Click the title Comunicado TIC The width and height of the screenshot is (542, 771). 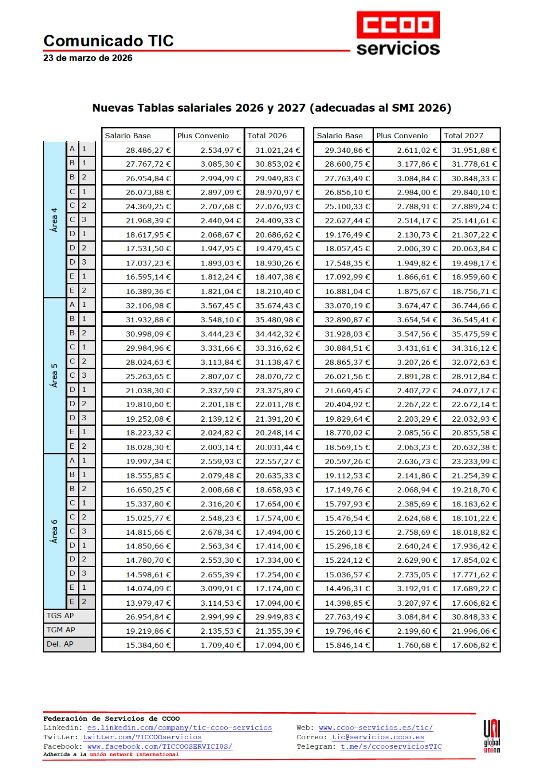[x=108, y=41]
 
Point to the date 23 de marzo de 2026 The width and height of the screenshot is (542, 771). [x=88, y=58]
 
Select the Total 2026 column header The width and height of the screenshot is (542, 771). [x=267, y=135]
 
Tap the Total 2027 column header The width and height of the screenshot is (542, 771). [x=463, y=135]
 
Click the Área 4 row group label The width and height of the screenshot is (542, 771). [x=54, y=219]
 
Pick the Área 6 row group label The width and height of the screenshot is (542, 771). [x=54, y=531]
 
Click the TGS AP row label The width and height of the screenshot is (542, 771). [x=60, y=616]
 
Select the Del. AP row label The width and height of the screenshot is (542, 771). [x=60, y=644]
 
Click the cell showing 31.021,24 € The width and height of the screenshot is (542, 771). [x=277, y=150]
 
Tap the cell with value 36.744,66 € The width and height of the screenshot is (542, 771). [x=474, y=306]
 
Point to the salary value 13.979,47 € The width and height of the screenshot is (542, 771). [x=148, y=603]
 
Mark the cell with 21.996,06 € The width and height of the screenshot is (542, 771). [x=474, y=631]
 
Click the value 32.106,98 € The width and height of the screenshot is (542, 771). [x=148, y=306]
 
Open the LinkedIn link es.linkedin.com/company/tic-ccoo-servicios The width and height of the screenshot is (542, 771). [x=179, y=728]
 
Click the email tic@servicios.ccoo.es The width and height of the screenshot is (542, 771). [x=378, y=737]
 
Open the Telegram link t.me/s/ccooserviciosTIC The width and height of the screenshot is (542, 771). [x=391, y=746]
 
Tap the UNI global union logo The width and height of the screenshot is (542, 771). [x=491, y=736]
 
